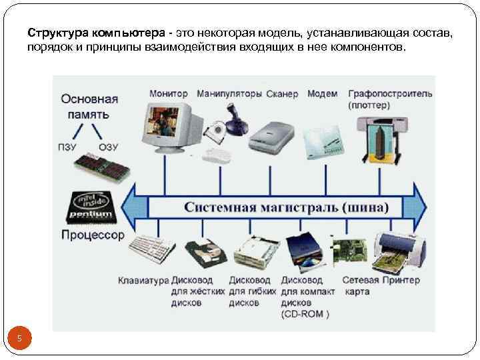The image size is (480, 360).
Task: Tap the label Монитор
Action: [168, 94]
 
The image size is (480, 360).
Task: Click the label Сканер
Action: [282, 94]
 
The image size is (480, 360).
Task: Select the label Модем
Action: [322, 94]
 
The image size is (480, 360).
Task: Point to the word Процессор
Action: [92, 235]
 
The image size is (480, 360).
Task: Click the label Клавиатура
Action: [143, 281]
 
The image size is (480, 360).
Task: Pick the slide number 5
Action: [20, 339]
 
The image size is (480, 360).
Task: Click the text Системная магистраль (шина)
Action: [286, 207]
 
